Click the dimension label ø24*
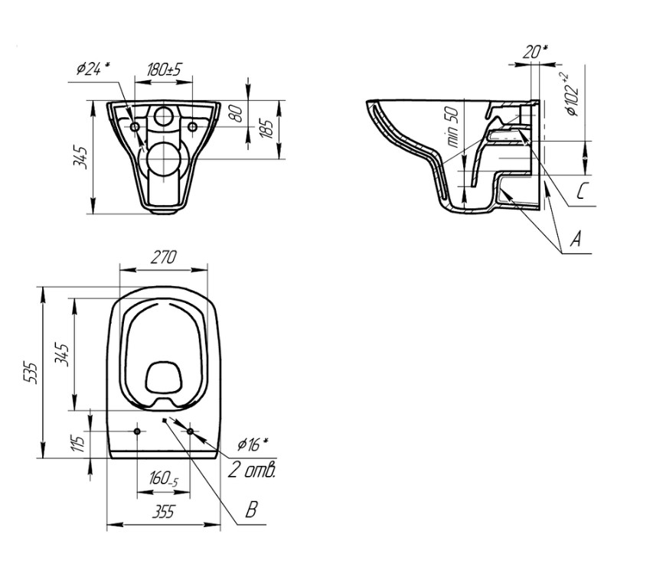point(93,69)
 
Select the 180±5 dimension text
point(165,70)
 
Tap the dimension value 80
point(237,113)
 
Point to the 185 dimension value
point(267,129)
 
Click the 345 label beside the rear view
point(80,157)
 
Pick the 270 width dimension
point(164,257)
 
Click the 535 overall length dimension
point(31,373)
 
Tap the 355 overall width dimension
point(163,511)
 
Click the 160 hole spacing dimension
point(164,479)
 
